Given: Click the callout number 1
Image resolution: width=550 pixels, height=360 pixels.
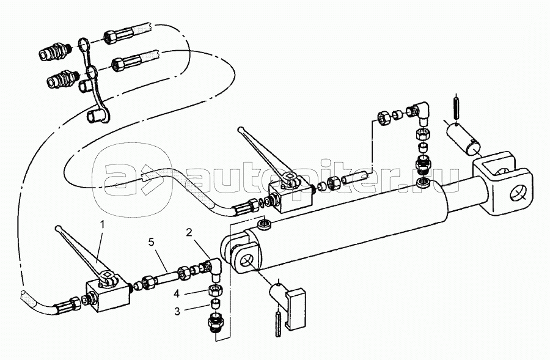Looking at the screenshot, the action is [x=103, y=223].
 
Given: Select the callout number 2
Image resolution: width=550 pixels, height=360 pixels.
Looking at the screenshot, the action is [x=189, y=232].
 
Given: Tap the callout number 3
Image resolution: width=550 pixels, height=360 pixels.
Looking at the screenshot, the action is [x=177, y=311].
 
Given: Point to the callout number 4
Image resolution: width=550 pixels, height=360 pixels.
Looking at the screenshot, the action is [x=177, y=293].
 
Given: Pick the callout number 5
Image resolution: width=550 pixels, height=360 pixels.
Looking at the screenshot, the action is [x=151, y=242].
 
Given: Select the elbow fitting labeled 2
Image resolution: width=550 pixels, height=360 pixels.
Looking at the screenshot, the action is [x=214, y=269].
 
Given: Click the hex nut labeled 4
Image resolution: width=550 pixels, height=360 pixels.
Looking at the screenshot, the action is [x=215, y=290].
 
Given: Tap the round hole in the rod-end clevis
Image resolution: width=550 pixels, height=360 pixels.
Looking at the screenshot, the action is [x=518, y=194].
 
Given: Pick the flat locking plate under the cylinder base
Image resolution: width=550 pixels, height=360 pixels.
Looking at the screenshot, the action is [x=296, y=309].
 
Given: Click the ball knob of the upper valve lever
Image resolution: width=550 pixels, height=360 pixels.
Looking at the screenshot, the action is [x=240, y=130].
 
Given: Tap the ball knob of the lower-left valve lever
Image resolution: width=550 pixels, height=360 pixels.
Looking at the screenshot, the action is [x=58, y=229].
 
